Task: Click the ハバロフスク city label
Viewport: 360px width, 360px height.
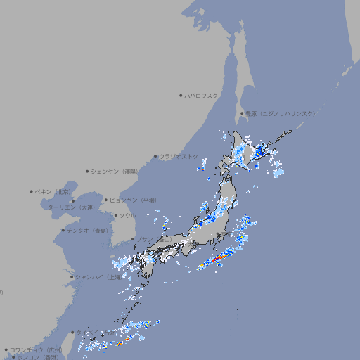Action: [202, 95]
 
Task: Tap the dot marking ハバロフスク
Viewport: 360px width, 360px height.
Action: [181, 95]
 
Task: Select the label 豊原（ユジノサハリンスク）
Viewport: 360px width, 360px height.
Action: [280, 113]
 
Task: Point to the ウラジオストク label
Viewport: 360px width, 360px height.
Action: [179, 156]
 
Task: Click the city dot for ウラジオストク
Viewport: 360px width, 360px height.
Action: [155, 156]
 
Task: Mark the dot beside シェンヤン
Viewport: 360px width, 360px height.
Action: [88, 171]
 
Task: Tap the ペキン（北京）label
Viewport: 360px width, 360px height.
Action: [53, 191]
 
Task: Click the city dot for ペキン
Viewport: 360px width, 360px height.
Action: [32, 191]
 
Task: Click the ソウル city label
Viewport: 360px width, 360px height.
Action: [127, 215]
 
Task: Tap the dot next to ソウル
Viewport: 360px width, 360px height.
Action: [115, 215]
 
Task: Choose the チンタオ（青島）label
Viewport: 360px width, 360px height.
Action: [88, 231]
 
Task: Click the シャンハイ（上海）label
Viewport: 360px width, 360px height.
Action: [98, 277]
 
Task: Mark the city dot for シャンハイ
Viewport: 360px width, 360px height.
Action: [72, 277]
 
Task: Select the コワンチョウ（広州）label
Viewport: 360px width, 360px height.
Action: [36, 349]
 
